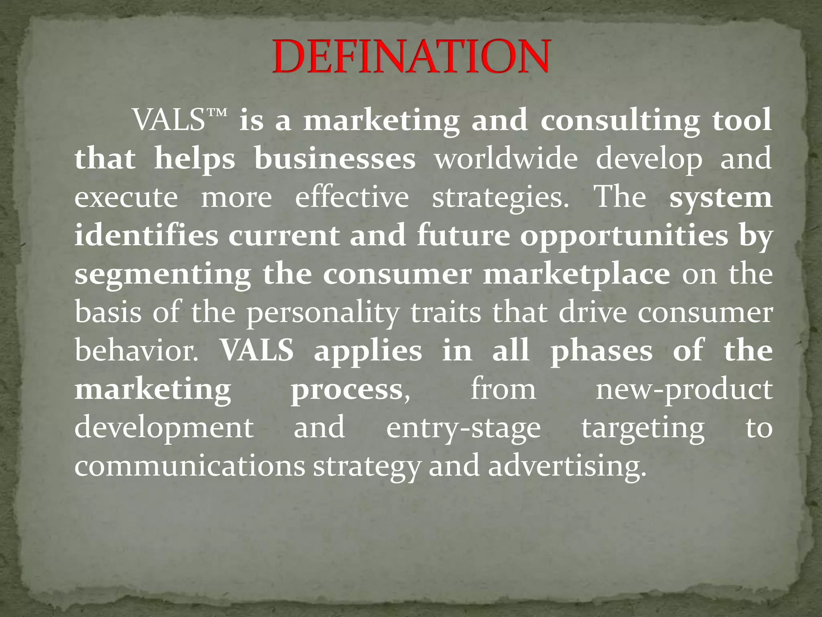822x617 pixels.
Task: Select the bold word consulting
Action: click(620, 121)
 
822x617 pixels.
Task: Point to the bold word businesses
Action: click(335, 159)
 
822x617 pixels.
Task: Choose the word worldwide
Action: click(506, 158)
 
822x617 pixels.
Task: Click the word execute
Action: click(126, 198)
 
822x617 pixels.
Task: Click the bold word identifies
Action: click(146, 235)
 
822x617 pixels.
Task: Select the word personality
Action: click(323, 313)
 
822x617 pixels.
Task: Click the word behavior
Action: click(136, 351)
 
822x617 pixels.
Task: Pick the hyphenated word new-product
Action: click(684, 390)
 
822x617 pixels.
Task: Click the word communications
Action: click(190, 466)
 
